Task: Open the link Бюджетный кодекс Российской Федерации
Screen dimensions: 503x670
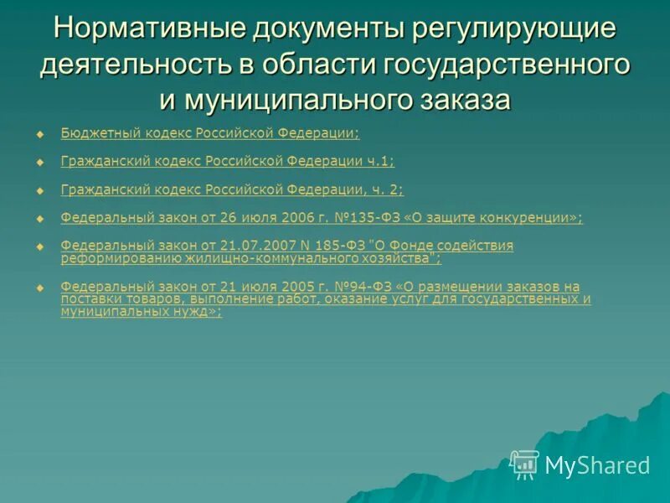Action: (x=209, y=133)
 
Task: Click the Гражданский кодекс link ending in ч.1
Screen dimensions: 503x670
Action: (x=227, y=162)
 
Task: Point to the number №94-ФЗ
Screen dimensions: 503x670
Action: (x=329, y=287)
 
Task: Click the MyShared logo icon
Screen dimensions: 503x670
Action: (x=525, y=464)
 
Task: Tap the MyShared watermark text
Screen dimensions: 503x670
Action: (x=597, y=465)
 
